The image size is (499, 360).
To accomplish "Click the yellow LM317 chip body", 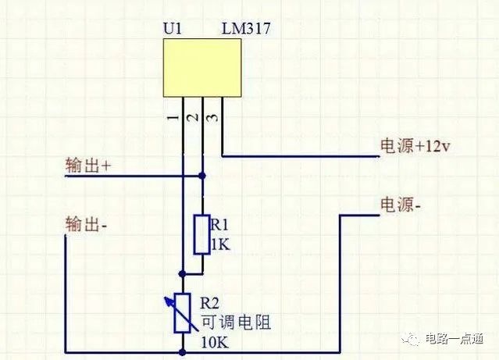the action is pos(202,68).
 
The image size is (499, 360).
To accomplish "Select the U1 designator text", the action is pos(172,28).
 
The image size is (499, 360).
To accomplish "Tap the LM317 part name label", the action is pos(246,28).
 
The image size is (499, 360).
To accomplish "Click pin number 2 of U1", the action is pos(193,118).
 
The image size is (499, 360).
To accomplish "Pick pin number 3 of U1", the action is pos(212,118).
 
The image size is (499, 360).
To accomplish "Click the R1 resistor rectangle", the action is pos(201,234).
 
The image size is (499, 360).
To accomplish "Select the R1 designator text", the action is pos(219,225).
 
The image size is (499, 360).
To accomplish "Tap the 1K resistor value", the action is pos(220,244).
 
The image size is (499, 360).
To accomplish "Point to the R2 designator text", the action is pos(210,303).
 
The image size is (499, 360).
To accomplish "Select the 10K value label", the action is pos(215,343).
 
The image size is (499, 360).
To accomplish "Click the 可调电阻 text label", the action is pos(236,322).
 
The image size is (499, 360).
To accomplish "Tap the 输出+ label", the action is pos(88,166).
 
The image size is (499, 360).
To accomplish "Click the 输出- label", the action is pos(86,224).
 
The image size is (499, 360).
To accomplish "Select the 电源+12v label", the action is pos(415,146).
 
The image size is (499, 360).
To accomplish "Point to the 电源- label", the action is pos(401,205).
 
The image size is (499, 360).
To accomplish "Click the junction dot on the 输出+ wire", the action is pos(201,176).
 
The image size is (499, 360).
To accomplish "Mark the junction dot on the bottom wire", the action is pos(182,352).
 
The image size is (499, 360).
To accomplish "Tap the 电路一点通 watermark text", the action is pos(454,338).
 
